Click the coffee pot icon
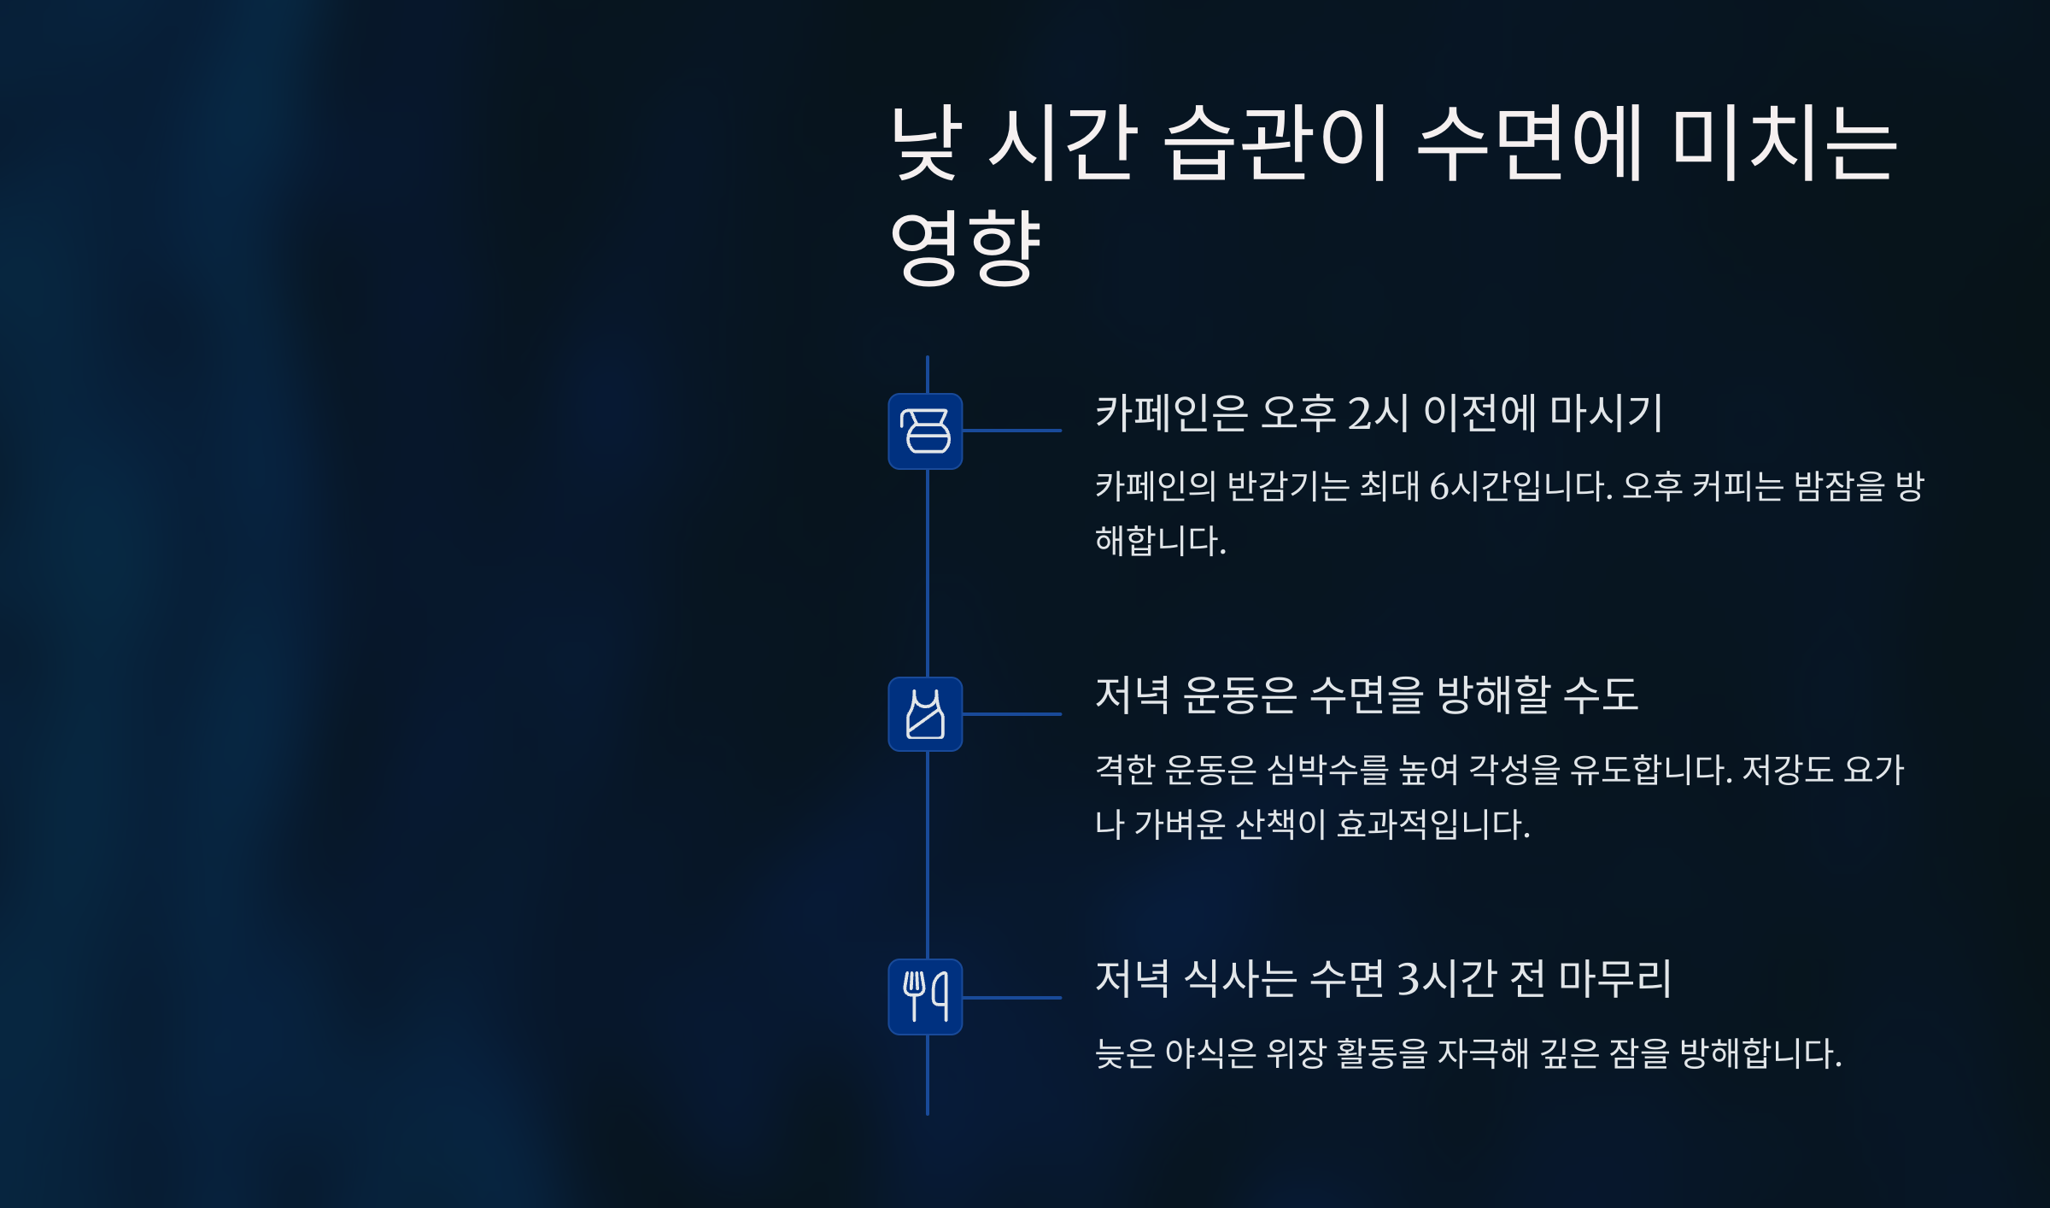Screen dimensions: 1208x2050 tap(925, 431)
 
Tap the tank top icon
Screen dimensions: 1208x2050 tap(925, 714)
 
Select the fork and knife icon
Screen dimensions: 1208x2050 tap(925, 997)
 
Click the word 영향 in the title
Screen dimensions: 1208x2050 tap(965, 248)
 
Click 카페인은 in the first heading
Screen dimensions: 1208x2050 tap(1171, 413)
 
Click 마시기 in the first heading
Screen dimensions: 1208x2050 tap(1606, 413)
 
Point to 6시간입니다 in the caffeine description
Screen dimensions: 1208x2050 tap(1520, 486)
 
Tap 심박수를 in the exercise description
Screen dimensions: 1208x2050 tap(1327, 770)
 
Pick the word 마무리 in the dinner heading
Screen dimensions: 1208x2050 tap(1614, 978)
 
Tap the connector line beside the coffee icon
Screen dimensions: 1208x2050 tap(1012, 431)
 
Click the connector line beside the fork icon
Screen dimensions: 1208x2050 tap(1012, 998)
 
